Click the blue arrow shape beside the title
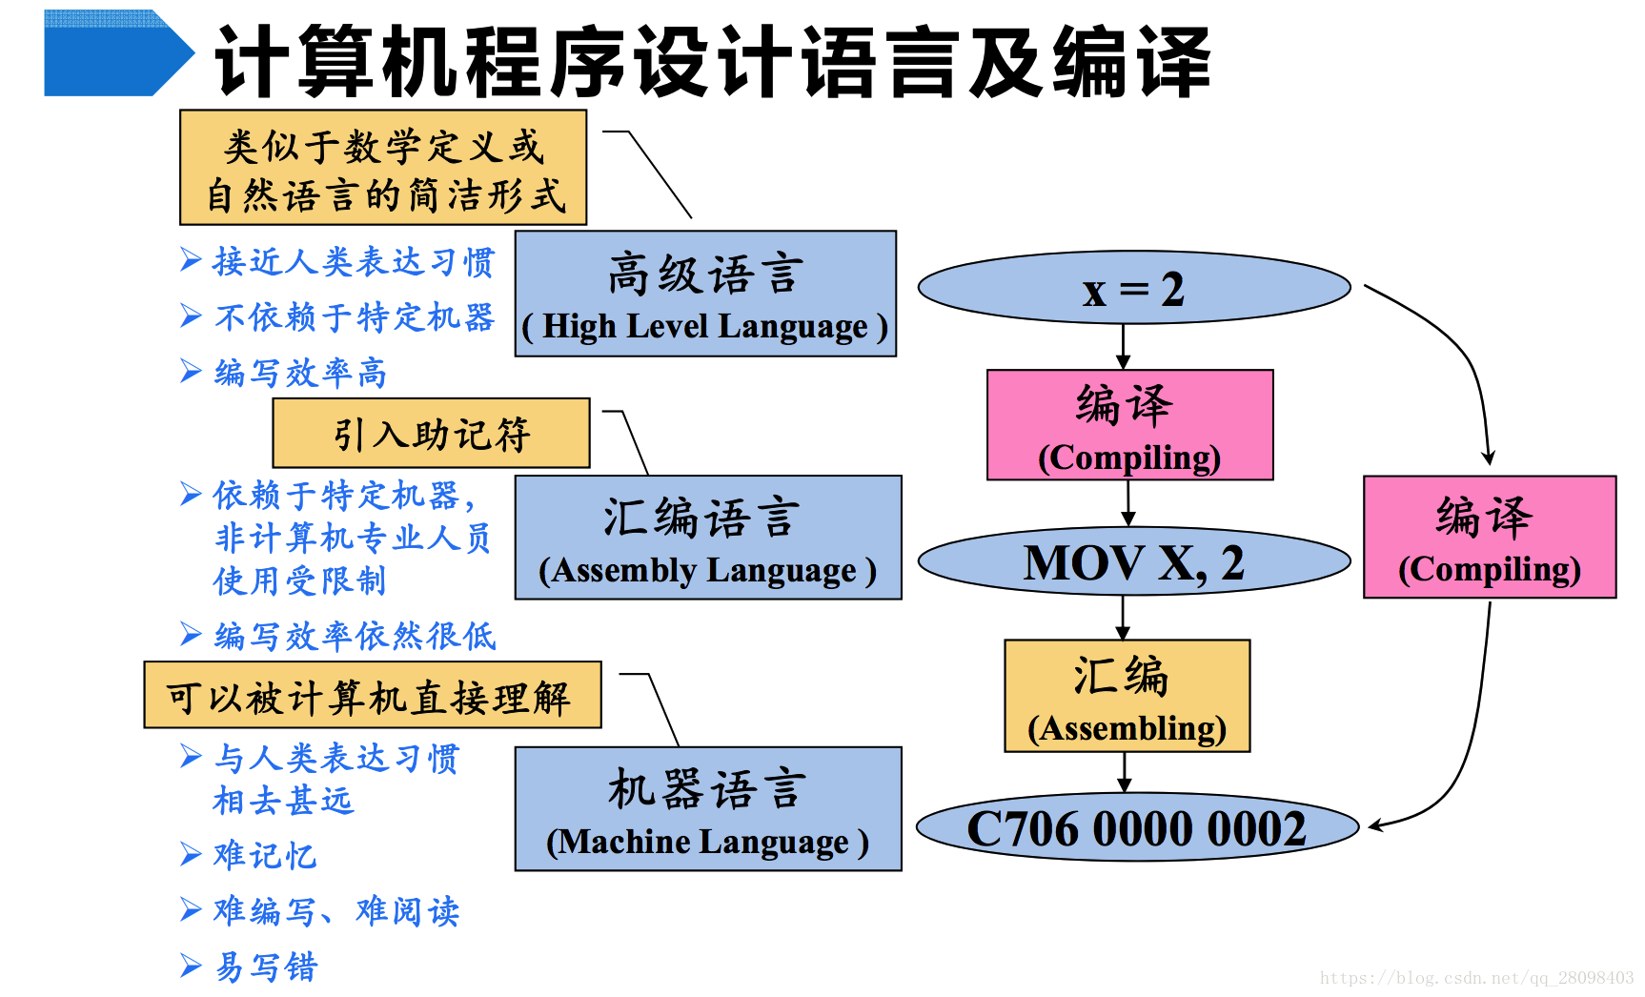point(114,53)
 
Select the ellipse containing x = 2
point(1133,288)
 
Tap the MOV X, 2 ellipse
point(1133,562)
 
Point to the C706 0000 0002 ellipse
point(1136,827)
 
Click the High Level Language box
point(705,294)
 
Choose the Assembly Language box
point(707,538)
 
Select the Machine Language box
point(707,808)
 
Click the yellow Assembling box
point(1127,696)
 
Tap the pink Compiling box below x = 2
point(1129,425)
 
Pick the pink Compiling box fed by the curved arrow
point(1489,538)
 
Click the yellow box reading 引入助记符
point(431,434)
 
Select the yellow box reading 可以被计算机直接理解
point(372,696)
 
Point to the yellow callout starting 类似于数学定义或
point(383,169)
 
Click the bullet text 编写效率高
point(300,373)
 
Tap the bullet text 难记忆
point(265,855)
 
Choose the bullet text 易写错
point(266,966)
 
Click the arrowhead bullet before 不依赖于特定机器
point(191,315)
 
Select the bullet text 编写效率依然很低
point(355,636)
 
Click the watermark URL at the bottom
point(1476,978)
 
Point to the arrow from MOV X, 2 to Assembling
point(1123,618)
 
